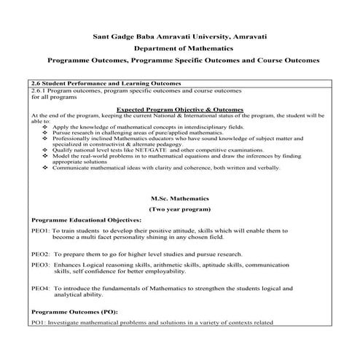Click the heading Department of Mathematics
pyautogui.click(x=180, y=47)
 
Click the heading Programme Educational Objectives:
pyautogui.click(x=86, y=220)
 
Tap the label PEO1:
pyautogui.click(x=40, y=231)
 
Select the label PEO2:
pyautogui.click(x=40, y=254)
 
